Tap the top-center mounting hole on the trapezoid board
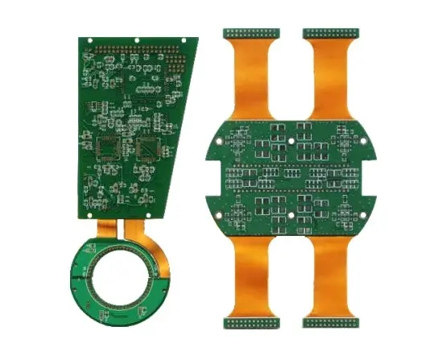[137, 39]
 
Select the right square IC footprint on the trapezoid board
[150, 147]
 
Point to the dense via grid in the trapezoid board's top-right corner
[172, 60]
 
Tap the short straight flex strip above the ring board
[106, 229]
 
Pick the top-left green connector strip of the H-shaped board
[250, 33]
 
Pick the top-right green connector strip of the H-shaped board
[331, 33]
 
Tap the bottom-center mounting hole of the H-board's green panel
[291, 216]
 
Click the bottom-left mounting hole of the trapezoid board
[85, 202]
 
